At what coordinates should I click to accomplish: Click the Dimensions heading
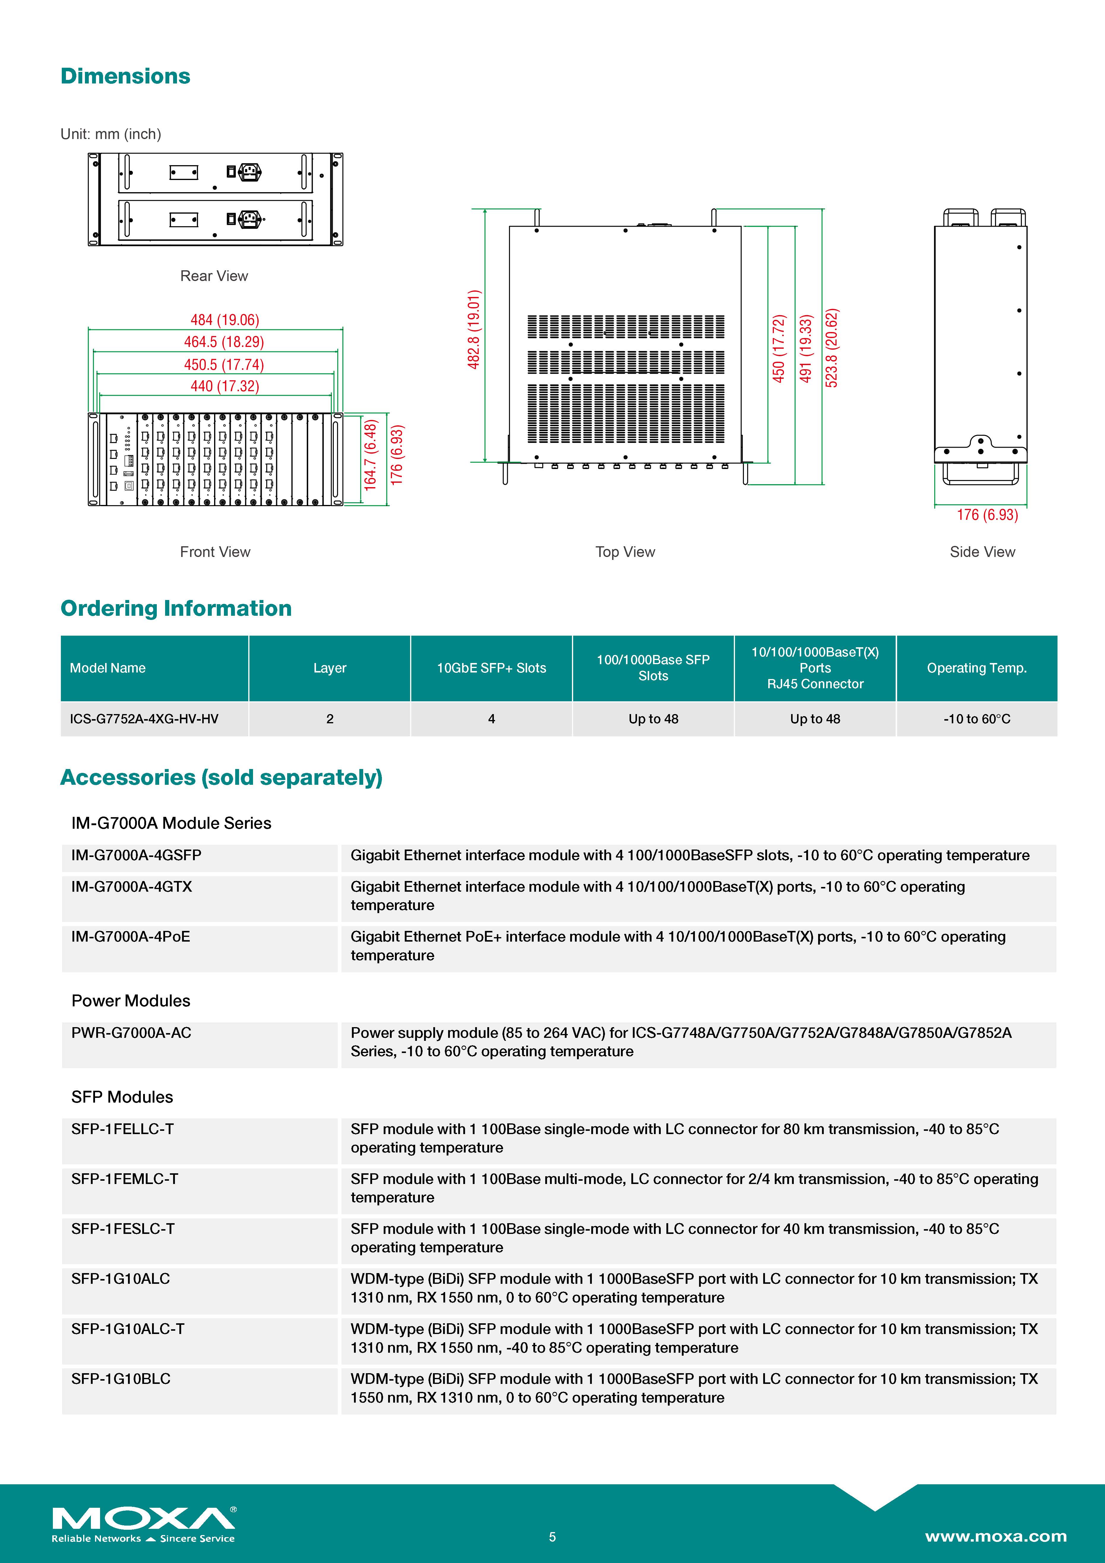point(125,76)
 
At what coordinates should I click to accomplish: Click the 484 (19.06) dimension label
point(225,320)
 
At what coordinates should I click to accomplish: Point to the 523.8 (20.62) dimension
point(831,348)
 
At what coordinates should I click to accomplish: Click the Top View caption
point(625,552)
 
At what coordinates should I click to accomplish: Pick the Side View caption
point(982,552)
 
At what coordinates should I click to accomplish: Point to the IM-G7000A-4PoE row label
point(131,937)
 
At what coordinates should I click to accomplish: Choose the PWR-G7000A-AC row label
point(131,1033)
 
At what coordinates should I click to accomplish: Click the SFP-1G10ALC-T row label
point(128,1329)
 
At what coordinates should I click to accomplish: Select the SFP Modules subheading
point(122,1097)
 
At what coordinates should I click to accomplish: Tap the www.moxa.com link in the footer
point(995,1537)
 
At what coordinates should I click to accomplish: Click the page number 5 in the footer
point(552,1537)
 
